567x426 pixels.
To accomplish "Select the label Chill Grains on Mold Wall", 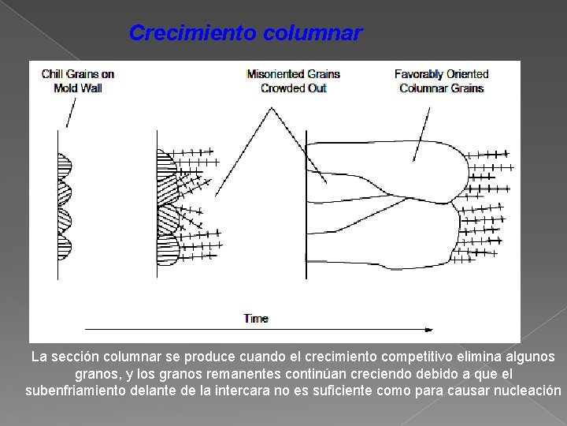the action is (x=78, y=81).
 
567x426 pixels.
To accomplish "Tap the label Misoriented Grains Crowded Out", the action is (x=293, y=81).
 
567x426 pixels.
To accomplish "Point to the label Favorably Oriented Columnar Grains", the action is (x=441, y=81).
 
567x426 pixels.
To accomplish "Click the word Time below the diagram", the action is (x=256, y=319).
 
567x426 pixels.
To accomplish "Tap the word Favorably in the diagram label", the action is (x=417, y=74).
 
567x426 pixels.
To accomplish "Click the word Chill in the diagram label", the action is (x=51, y=74).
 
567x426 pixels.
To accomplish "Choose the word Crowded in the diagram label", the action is (x=280, y=88).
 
